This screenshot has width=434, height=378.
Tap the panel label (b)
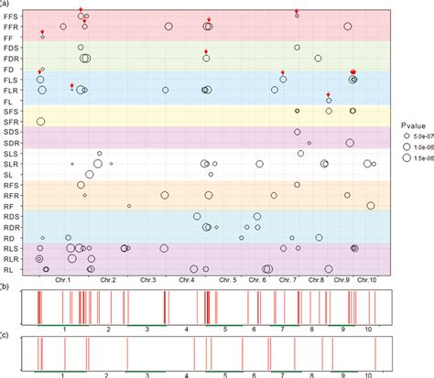(5, 286)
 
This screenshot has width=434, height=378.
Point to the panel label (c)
(5, 335)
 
